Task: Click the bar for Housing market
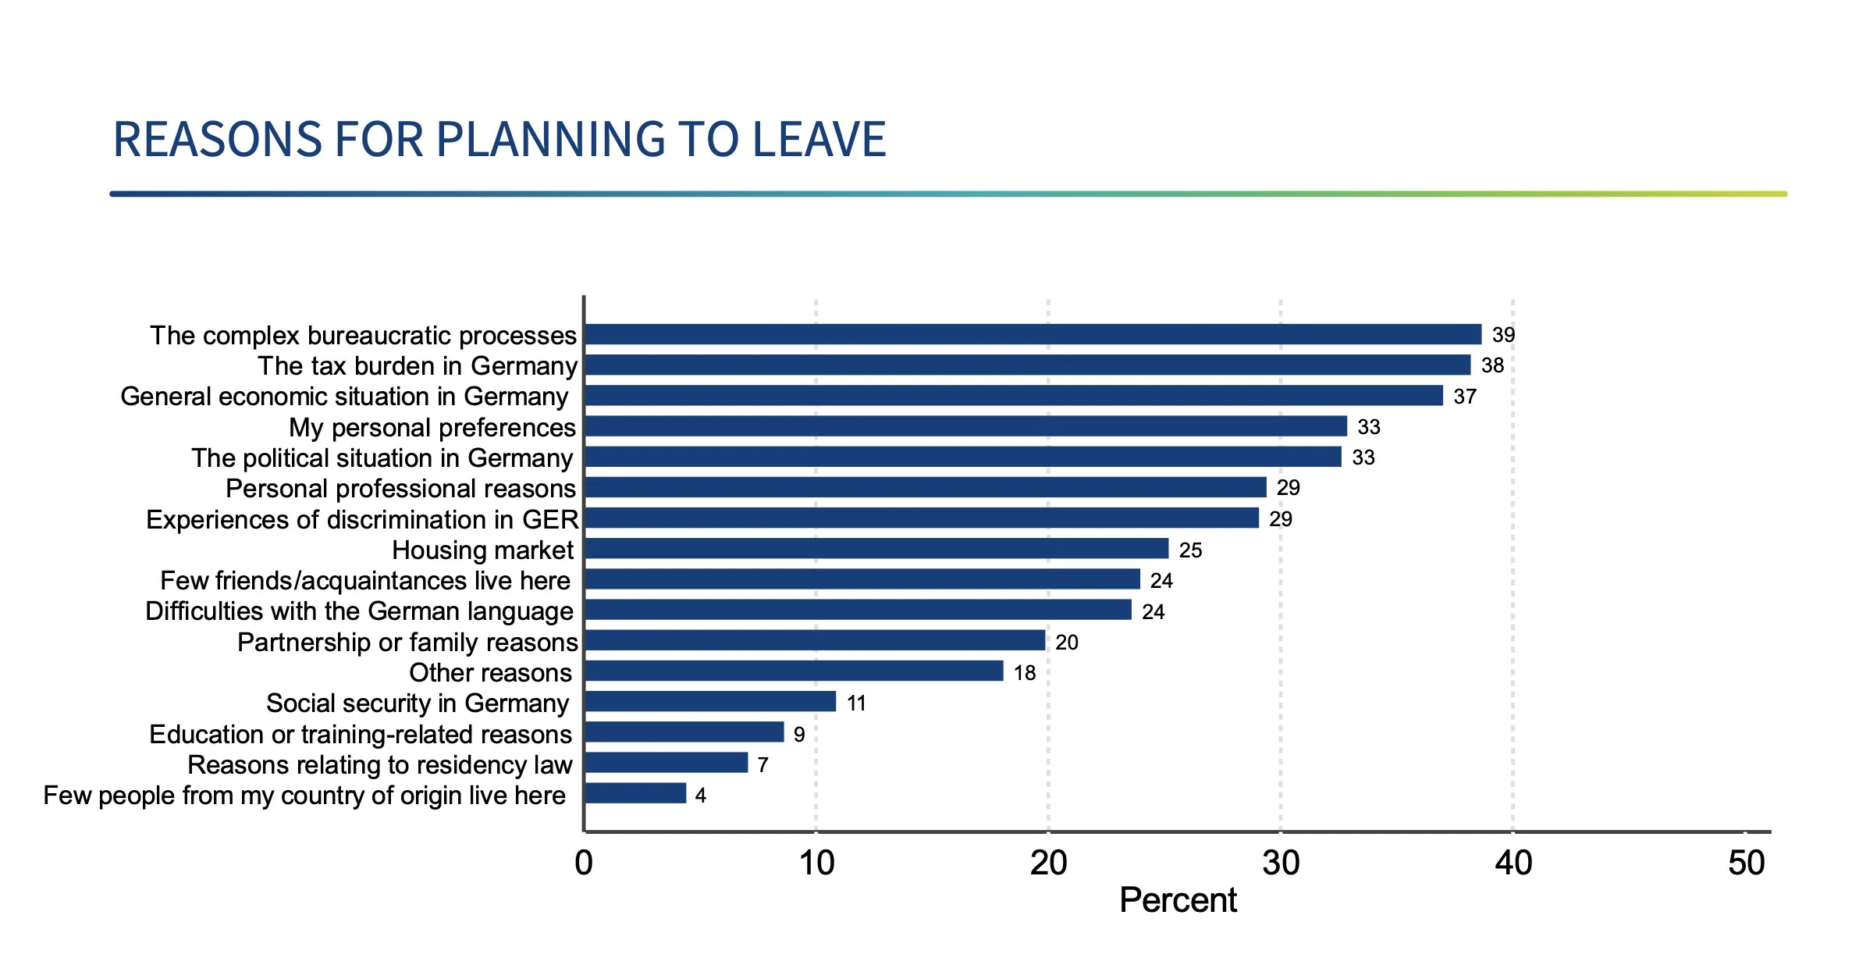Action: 876,549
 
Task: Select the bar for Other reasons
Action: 794,671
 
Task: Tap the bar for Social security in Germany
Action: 710,702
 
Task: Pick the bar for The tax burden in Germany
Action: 1028,365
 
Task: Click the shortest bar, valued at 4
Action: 635,794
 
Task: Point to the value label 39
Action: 1503,335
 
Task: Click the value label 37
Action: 1465,397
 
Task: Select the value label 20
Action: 1067,643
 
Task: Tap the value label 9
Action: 799,735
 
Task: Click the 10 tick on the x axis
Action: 816,863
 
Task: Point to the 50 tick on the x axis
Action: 1747,863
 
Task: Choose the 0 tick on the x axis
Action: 584,863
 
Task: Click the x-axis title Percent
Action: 1178,901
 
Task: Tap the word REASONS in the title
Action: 217,140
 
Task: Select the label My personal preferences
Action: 432,428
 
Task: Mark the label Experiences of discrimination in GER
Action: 362,520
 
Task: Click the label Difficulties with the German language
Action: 359,611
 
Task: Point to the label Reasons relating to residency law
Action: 380,765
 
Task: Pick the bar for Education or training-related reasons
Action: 684,732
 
